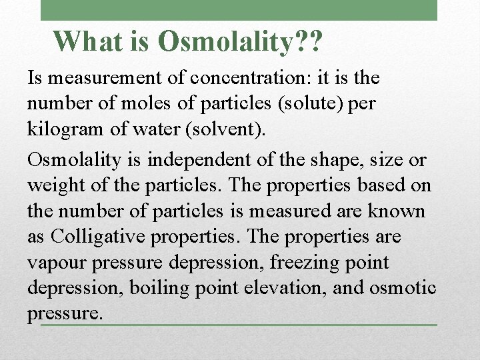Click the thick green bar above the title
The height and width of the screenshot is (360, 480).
pos(239,10)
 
